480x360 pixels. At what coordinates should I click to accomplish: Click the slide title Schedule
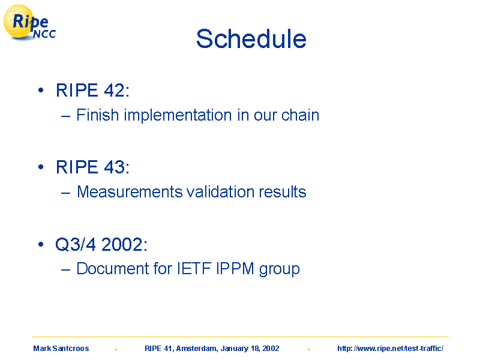[x=251, y=39]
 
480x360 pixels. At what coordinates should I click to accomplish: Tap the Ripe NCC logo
[x=29, y=23]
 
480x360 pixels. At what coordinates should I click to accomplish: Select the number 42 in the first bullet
[x=114, y=91]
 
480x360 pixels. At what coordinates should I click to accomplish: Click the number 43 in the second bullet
[x=114, y=167]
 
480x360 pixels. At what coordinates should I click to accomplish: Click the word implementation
[x=178, y=116]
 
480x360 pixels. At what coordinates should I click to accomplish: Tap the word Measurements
[x=130, y=192]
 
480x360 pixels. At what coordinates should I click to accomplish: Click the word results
[x=283, y=192]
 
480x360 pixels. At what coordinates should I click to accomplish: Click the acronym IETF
[x=194, y=269]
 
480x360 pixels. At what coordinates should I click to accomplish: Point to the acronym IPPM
[x=235, y=269]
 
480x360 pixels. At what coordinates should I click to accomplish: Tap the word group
[x=279, y=270]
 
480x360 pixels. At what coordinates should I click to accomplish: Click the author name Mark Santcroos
[x=61, y=349]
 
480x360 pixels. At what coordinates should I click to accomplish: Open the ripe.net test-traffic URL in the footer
[x=391, y=349]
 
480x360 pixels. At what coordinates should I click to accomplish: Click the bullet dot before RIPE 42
[x=41, y=90]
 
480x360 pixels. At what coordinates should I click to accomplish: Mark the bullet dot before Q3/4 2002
[x=41, y=244]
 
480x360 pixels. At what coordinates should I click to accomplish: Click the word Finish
[x=98, y=115]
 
